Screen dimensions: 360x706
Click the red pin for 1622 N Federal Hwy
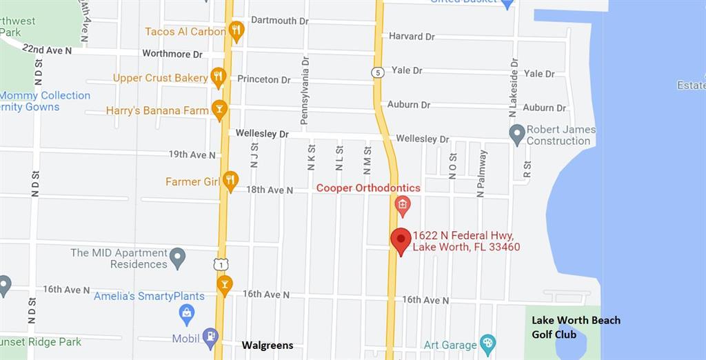tap(401, 241)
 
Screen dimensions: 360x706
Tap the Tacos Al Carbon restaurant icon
tap(236, 30)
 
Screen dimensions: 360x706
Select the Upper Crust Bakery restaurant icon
tap(219, 77)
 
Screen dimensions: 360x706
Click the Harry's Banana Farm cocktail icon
tap(219, 109)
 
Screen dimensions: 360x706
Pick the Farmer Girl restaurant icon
tap(230, 181)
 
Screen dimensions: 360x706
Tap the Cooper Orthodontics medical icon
tap(402, 204)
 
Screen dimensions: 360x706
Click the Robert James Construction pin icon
tap(517, 133)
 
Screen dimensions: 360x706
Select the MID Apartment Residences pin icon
tap(178, 257)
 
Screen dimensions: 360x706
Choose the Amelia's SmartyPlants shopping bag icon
tap(186, 314)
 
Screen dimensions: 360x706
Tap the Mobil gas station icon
tap(210, 338)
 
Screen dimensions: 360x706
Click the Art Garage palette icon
tap(487, 343)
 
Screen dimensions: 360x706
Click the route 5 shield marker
tap(377, 72)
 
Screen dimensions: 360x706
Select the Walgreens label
tap(267, 345)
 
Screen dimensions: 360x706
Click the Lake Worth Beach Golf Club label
tap(576, 327)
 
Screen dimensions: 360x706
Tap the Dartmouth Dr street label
tap(279, 21)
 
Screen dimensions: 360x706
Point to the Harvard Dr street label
tap(412, 36)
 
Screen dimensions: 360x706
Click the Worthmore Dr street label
tap(172, 53)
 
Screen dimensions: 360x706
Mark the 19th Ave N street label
tap(192, 154)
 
